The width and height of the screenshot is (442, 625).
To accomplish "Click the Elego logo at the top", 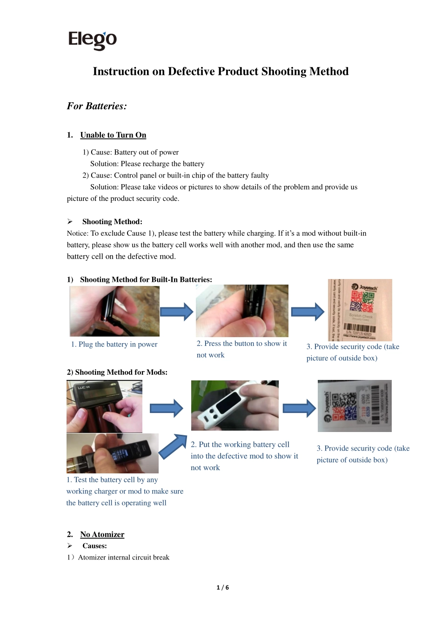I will coord(92,40).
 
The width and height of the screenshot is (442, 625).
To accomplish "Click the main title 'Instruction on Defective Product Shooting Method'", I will coord(221,71).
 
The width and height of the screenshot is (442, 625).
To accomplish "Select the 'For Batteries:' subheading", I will coord(97,106).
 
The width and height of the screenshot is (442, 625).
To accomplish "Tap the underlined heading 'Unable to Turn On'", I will coord(113,135).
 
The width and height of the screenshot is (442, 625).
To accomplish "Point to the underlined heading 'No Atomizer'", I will coord(102,534).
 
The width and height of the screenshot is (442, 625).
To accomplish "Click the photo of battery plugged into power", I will coord(114,311).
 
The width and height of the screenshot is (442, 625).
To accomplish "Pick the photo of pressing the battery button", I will coord(242,311).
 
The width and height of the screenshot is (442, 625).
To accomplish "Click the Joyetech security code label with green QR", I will coord(360,310).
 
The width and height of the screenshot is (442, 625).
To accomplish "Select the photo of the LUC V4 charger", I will coord(104,406).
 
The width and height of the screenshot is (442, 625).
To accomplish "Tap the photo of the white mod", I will coord(234,405).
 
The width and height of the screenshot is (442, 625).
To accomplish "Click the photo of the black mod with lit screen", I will coord(112,453).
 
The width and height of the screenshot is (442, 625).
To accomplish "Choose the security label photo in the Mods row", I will coord(355,406).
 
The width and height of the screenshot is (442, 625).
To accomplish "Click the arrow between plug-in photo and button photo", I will coord(176,312).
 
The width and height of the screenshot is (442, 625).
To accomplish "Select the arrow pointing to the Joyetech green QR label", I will coord(308,312).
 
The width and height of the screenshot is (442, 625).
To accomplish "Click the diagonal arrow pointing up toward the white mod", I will coord(173,446).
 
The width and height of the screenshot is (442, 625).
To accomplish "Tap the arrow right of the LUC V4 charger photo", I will coord(166,408).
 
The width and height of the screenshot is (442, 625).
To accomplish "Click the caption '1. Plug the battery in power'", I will coord(114,344).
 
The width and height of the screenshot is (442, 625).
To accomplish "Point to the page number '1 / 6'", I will coord(222,587).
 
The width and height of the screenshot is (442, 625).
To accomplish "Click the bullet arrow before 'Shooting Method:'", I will coord(70,221).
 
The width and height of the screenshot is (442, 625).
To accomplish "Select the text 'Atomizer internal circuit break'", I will coord(123,557).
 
